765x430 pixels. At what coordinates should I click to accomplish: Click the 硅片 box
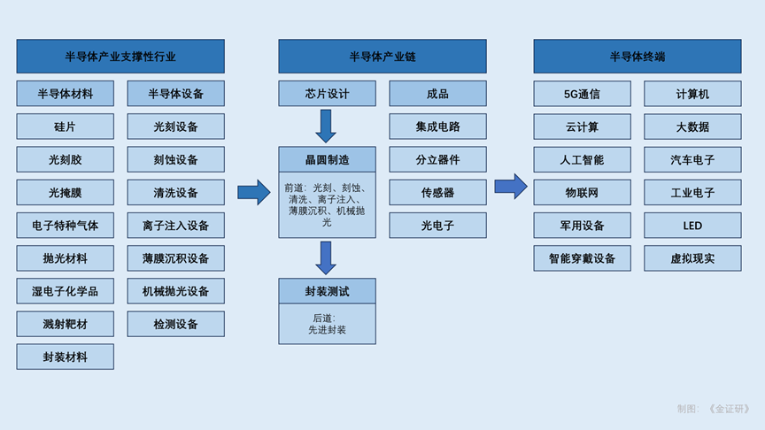pyautogui.click(x=65, y=127)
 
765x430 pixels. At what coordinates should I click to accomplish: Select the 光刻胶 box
pyautogui.click(x=65, y=159)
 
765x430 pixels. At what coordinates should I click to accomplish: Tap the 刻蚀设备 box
pyautogui.click(x=175, y=159)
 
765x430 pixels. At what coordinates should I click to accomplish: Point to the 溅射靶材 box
pyautogui.click(x=65, y=324)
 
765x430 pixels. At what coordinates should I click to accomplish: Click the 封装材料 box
pyautogui.click(x=65, y=357)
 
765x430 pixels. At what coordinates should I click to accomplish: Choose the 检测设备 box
pyautogui.click(x=175, y=324)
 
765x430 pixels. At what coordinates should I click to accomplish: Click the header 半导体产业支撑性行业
pyautogui.click(x=120, y=57)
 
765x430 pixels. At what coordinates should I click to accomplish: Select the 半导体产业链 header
pyautogui.click(x=382, y=57)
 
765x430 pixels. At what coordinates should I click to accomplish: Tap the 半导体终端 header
pyautogui.click(x=637, y=57)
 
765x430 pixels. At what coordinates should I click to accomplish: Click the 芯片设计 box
pyautogui.click(x=327, y=94)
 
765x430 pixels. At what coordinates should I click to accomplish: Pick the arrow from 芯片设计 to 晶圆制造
pyautogui.click(x=326, y=126)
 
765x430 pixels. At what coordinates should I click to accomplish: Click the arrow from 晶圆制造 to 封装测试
pyautogui.click(x=326, y=257)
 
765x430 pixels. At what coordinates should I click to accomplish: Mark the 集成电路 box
pyautogui.click(x=437, y=127)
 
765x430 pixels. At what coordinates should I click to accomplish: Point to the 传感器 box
pyautogui.click(x=437, y=192)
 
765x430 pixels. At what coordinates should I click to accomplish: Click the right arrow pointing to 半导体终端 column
pyautogui.click(x=511, y=186)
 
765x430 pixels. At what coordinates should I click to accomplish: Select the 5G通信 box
pyautogui.click(x=582, y=94)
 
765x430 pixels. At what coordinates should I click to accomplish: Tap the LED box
pyautogui.click(x=692, y=225)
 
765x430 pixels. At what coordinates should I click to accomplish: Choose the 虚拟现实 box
pyautogui.click(x=692, y=258)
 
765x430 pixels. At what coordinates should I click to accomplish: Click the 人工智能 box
pyautogui.click(x=582, y=159)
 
